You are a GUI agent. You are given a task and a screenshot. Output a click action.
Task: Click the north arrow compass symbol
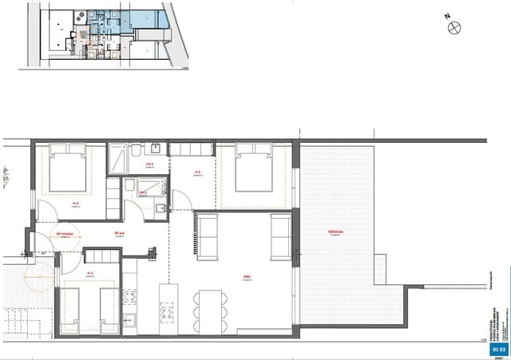coord(456,28)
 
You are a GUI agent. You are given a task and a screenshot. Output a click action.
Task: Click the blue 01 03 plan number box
coord(499,349)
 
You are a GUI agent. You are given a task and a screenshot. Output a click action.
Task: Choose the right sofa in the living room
coord(280,236)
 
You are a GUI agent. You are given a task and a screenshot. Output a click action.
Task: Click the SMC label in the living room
coord(248,277)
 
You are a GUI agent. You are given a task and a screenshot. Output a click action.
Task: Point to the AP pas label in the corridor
coord(120,233)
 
